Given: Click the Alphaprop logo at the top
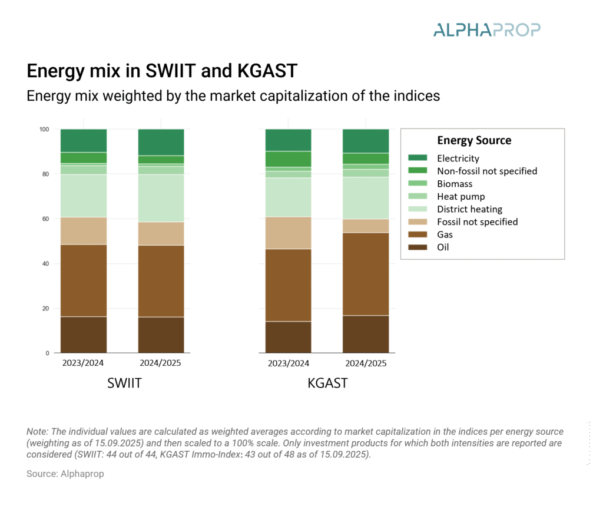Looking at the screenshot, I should (x=486, y=29).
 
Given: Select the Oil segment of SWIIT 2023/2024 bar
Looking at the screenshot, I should (x=84, y=335).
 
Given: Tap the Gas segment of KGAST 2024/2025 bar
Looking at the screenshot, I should (x=366, y=274).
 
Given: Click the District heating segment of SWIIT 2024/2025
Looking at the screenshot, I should (x=161, y=198).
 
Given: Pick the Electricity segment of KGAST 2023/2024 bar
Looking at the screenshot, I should (x=288, y=140).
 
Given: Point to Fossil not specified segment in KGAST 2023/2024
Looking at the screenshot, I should (x=288, y=233).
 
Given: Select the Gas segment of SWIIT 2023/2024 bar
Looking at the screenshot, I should (x=84, y=280).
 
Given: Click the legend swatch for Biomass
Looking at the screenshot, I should (x=418, y=184).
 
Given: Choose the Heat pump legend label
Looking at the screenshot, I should (x=460, y=196).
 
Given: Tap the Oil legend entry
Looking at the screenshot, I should (x=442, y=247).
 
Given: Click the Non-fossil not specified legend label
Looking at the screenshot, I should (x=486, y=171).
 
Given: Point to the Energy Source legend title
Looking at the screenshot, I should (x=474, y=141).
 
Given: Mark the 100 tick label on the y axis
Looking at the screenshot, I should (x=44, y=129).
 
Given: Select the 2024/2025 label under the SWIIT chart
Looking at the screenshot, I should (x=161, y=363).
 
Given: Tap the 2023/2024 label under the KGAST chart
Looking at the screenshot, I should (x=288, y=363).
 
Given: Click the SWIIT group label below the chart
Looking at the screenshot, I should (x=124, y=383).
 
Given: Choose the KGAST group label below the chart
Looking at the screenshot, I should (x=327, y=383).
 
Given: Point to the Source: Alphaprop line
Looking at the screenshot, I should (x=65, y=474).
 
